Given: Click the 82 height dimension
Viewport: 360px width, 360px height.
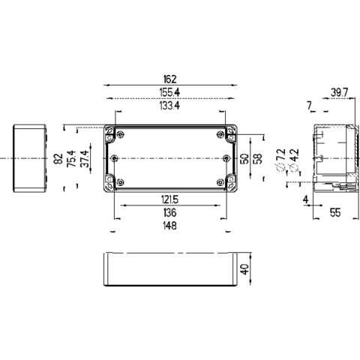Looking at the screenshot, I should (x=58, y=160).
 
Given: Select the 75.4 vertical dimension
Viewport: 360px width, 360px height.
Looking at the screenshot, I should (x=72, y=160).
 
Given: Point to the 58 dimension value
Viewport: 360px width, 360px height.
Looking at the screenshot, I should (x=257, y=159).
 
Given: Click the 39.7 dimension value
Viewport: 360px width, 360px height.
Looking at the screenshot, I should (x=339, y=93).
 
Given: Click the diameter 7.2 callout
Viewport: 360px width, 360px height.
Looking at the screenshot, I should (x=280, y=158).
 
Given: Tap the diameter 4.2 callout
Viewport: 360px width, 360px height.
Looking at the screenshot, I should (x=295, y=158).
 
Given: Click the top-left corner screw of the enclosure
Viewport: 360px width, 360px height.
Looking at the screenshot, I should (x=112, y=135).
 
